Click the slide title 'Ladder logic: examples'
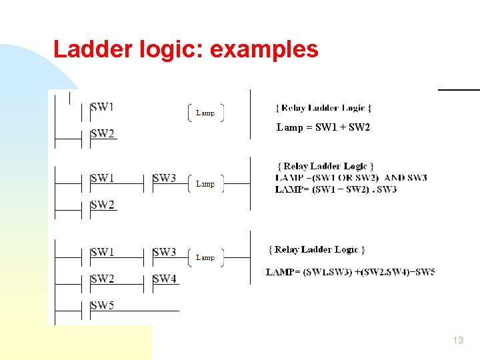coord(185,49)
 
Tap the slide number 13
coord(457,340)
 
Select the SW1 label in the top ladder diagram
coord(102,107)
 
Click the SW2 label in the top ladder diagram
coord(102,133)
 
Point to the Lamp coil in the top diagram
coord(205,113)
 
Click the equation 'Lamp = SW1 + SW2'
coord(323,127)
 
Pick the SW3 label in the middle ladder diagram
coord(165,178)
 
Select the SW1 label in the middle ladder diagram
coord(102,178)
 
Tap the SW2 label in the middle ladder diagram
coord(102,205)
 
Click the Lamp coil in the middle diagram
coord(205,183)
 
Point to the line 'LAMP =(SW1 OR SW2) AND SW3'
coord(351,178)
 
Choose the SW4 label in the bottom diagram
coord(165,279)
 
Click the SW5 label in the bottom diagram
coord(102,306)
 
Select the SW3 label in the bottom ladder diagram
coord(165,252)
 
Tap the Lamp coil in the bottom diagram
coord(205,257)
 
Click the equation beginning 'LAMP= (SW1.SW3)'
coord(351,272)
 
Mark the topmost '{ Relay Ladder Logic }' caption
coord(324,107)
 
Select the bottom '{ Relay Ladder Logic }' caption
coord(317,249)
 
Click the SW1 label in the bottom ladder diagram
coord(102,252)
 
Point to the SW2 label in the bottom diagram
coord(102,279)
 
